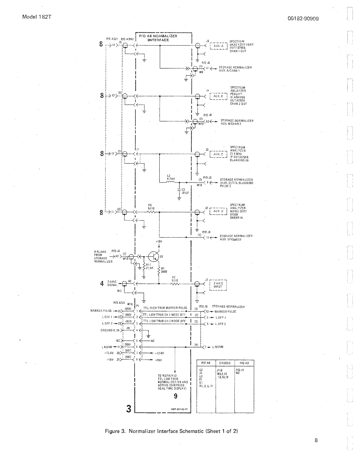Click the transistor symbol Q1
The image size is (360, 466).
pyautogui.click(x=154, y=256)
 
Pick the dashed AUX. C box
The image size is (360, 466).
pyautogui.click(x=218, y=154)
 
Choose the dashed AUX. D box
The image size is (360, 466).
pyautogui.click(x=218, y=211)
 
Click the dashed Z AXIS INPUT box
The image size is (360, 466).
pyautogui.click(x=218, y=284)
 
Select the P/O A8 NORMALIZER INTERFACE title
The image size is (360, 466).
pyautogui.click(x=163, y=37)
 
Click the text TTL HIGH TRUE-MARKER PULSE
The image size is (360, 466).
pyautogui.click(x=166, y=308)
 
